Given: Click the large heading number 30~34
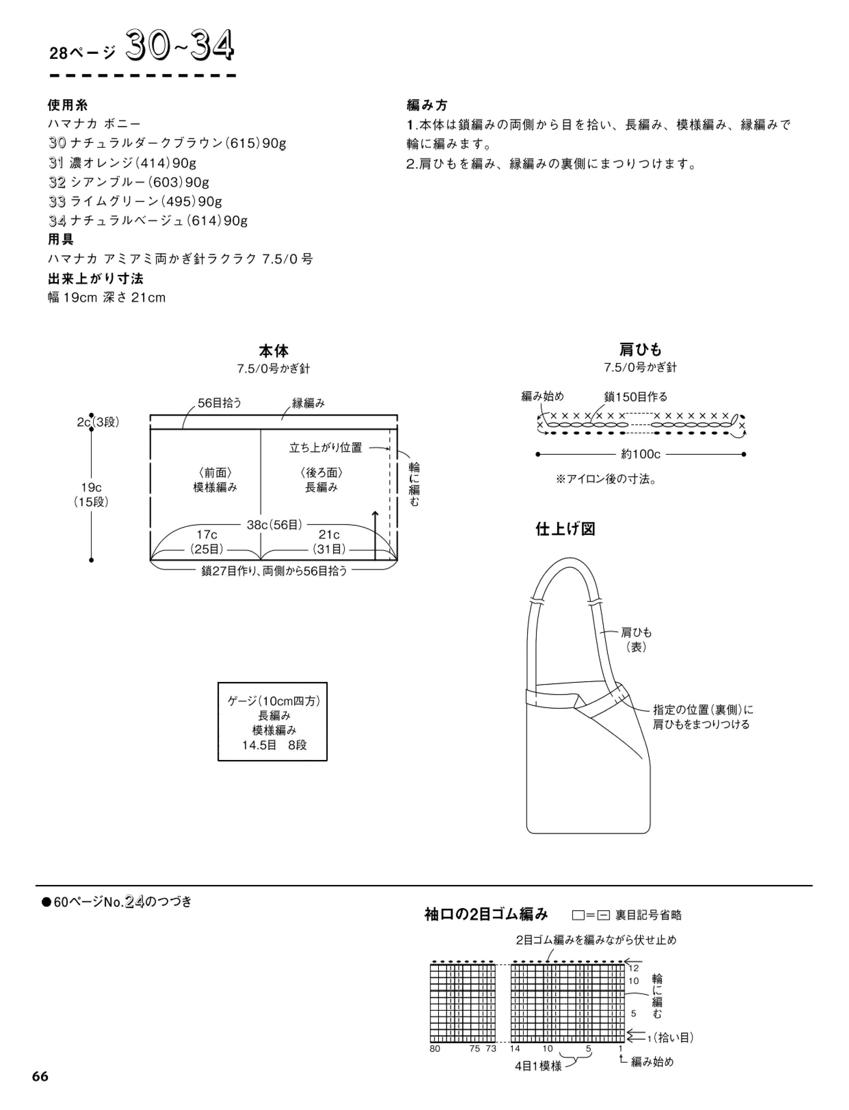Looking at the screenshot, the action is point(180,46).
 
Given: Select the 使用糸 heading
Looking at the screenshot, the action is point(68,105).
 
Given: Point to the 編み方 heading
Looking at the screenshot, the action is point(427,105).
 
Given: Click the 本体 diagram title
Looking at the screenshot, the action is point(273,351).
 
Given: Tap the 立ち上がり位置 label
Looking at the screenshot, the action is point(326,448).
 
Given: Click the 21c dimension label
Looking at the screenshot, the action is point(329,534).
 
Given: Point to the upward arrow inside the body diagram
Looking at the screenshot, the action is point(375,535).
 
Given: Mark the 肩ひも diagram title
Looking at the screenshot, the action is point(640,350).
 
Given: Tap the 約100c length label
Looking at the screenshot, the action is point(640,454).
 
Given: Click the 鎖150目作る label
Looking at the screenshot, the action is point(636,397).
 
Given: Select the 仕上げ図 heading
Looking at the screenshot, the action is point(566,529).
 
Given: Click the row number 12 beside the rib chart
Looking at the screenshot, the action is point(634,968).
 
